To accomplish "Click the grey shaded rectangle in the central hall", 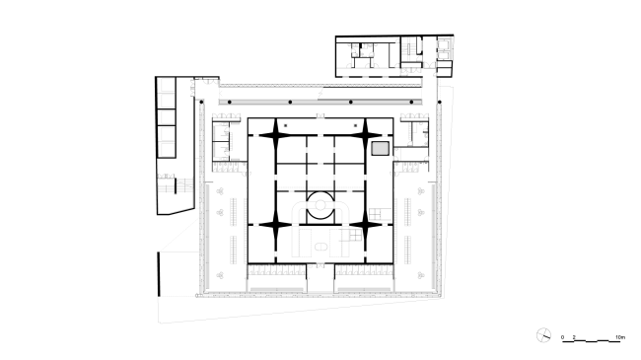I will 381,147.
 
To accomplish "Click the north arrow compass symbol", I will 542,335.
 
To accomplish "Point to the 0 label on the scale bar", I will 563,337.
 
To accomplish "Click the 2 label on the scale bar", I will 574,337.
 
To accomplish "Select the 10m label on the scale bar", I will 618,337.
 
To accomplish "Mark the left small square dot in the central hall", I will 286,126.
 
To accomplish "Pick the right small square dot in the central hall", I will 353,126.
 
